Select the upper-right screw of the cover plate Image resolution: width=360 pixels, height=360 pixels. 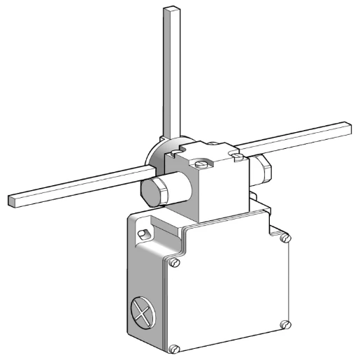coord(285,238)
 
